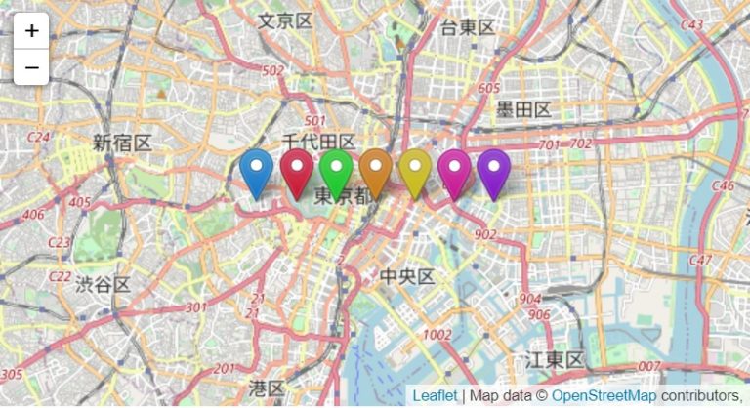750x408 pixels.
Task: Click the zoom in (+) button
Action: coord(31,30)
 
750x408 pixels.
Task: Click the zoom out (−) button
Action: coord(31,67)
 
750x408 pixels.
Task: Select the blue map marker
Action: coord(257,171)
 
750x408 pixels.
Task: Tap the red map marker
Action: coord(297,171)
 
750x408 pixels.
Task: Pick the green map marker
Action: coord(336,171)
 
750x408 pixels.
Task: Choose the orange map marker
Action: coord(376,171)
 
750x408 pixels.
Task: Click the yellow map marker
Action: coord(415,171)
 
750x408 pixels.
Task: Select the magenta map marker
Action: coord(454,171)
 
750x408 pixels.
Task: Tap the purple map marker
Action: coord(493,171)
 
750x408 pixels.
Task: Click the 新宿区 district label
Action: coord(122,143)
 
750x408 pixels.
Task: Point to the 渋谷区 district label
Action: coord(103,285)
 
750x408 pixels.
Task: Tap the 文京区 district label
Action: coord(285,20)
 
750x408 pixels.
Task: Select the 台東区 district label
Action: coord(468,26)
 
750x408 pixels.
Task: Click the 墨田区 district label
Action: coord(523,108)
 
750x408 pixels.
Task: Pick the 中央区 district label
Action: coord(406,277)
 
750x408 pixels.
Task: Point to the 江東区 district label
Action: coord(554,359)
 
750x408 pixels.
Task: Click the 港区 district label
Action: coord(267,388)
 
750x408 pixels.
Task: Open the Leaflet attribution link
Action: coord(434,396)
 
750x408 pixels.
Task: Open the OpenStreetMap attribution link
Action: coord(604,396)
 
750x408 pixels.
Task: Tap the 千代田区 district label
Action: coord(317,143)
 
